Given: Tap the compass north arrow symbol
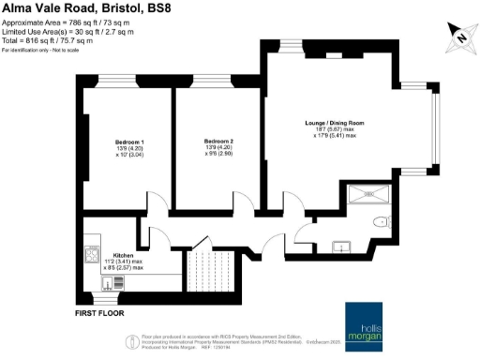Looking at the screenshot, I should click(x=459, y=35).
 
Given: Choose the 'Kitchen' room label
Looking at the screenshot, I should click(x=124, y=255).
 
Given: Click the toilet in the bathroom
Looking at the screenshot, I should click(x=381, y=222).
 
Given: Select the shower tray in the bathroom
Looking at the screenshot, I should click(x=368, y=194).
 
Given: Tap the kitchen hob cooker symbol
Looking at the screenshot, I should click(x=92, y=254).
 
